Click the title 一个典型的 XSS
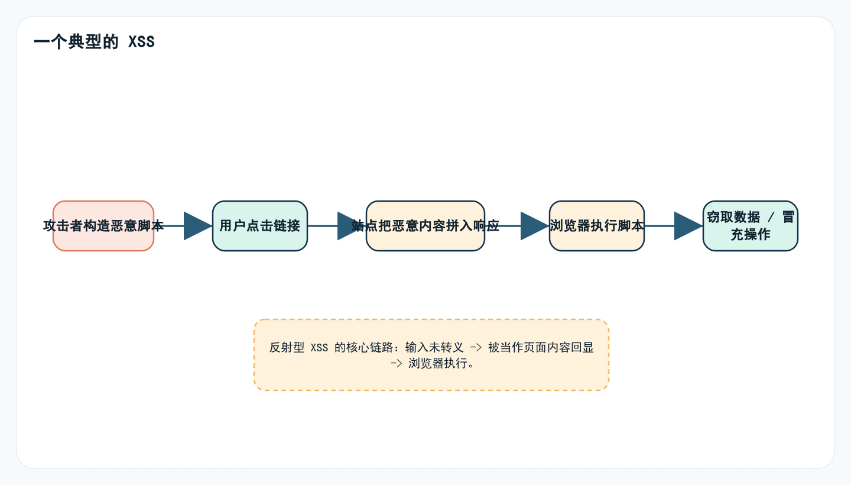point(94,43)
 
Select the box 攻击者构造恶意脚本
point(103,226)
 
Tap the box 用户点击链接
point(260,226)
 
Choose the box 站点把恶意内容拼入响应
point(425,226)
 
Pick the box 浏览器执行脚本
point(597,226)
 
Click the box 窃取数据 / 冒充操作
point(751,226)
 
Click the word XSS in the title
point(142,43)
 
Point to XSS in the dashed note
point(319,348)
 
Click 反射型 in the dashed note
point(287,348)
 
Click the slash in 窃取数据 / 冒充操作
point(771,218)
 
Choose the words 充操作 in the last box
point(751,234)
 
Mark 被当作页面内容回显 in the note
point(541,348)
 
